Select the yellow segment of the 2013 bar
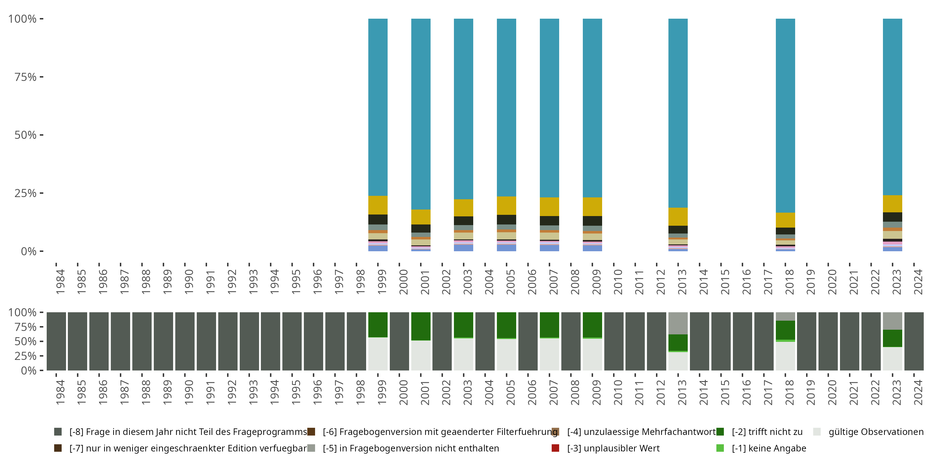click(678, 216)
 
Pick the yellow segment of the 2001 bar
click(421, 217)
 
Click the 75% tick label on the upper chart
click(26, 77)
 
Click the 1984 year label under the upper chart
click(60, 281)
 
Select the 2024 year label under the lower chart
click(918, 392)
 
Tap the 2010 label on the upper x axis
click(618, 281)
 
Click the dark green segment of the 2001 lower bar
click(421, 326)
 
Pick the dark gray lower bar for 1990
click(185, 341)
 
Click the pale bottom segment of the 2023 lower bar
click(892, 359)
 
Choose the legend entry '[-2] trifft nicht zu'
click(767, 432)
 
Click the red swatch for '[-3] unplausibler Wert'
click(555, 448)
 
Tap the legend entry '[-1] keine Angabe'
click(769, 448)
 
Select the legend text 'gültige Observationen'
click(875, 432)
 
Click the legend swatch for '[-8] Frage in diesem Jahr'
click(58, 432)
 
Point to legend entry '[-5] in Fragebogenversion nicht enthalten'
click(410, 448)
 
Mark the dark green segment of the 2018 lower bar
click(785, 330)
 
